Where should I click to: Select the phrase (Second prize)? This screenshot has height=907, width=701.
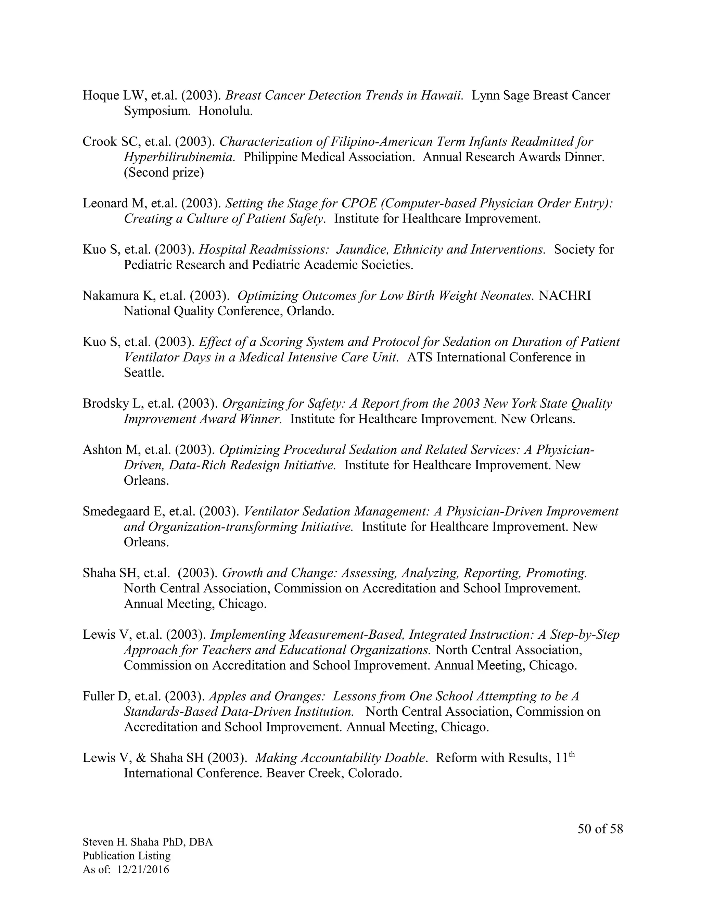coord(164,173)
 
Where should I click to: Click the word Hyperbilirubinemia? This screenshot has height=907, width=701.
coord(179,157)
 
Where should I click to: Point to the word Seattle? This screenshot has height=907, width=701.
coord(144,372)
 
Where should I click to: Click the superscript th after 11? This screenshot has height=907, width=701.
coord(571,754)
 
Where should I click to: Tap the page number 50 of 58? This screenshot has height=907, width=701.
coord(600,829)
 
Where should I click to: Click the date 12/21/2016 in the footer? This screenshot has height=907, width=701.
coord(143,869)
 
